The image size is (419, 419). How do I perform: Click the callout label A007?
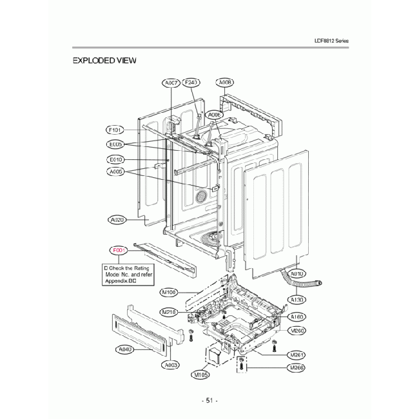pos(171,83)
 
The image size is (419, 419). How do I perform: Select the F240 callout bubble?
pos(192,83)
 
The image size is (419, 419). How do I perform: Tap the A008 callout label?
pos(225,83)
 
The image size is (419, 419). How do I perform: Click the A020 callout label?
pos(117,220)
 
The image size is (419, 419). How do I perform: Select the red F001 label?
pos(119,250)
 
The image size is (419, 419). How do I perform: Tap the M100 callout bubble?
pos(170,292)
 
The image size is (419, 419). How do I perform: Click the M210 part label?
pos(169,312)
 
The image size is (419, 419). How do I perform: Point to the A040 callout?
pos(125,349)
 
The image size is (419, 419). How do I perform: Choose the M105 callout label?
pos(200,375)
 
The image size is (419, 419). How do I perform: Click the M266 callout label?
pos(297,367)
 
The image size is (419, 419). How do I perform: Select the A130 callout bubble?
pos(297,300)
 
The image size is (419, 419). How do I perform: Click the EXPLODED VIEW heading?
pos(104,61)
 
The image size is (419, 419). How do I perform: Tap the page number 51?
pos(209,400)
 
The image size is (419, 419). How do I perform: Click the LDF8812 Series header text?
pos(331,41)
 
